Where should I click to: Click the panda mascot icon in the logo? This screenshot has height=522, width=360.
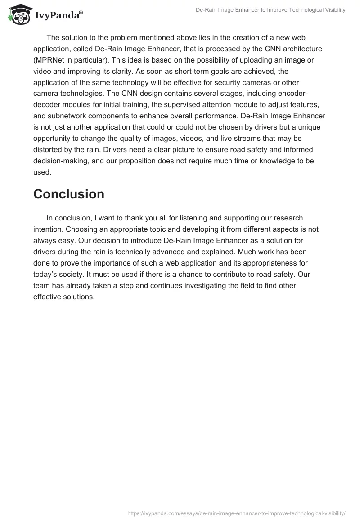[17, 14]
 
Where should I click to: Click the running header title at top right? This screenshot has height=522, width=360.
[270, 10]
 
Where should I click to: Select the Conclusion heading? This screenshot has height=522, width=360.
[69, 194]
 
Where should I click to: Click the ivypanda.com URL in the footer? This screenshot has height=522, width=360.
[236, 513]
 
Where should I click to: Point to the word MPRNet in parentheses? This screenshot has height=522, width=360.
[53, 60]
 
